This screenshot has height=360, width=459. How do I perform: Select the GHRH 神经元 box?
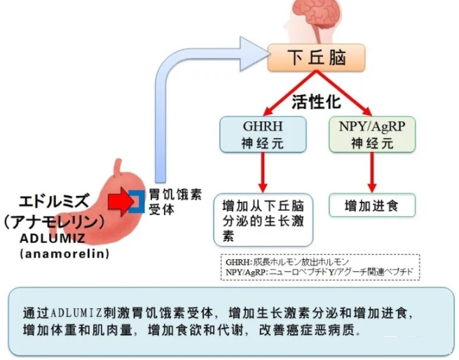pos(263,134)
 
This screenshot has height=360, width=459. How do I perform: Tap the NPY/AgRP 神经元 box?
pos(372,134)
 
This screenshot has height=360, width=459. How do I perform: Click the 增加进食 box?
pos(372,206)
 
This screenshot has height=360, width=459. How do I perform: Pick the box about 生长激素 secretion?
pos(263,219)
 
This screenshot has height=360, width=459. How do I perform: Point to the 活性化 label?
pos(316,102)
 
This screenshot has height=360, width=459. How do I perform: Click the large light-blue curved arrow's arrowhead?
pos(252,50)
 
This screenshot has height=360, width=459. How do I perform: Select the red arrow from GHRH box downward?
pos(263,172)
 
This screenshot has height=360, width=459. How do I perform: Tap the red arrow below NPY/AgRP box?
pos(372,172)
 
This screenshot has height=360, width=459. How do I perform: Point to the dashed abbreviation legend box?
pos(320,267)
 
